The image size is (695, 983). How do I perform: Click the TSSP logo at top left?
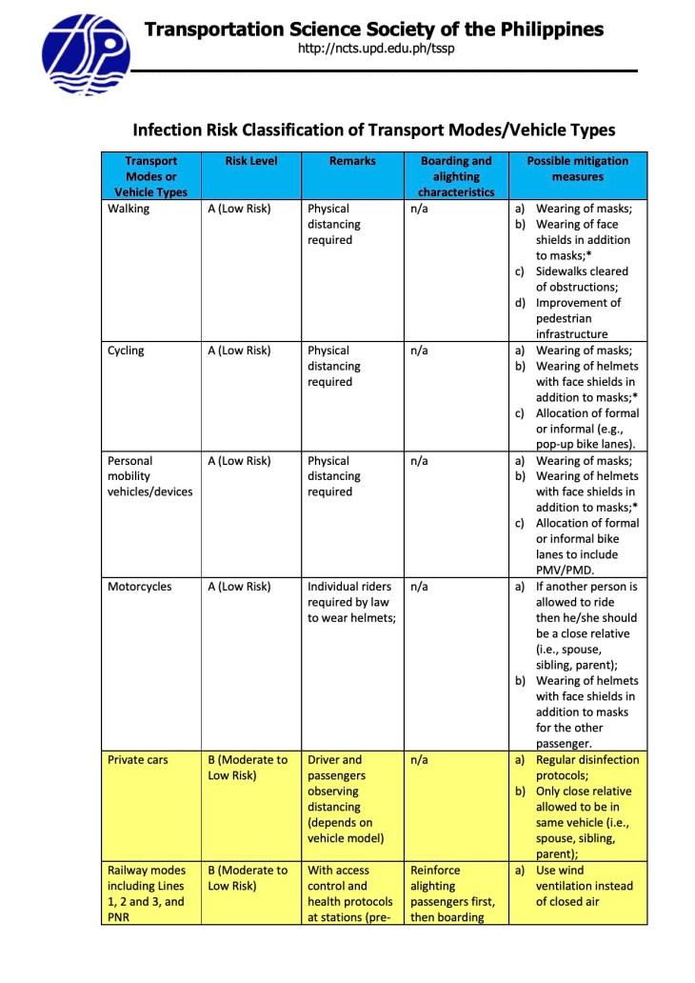pos(85,54)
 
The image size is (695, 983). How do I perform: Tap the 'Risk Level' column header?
pos(251,162)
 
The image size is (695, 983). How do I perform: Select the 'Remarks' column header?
pos(352,162)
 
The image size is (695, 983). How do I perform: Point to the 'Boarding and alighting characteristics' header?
pos(456,176)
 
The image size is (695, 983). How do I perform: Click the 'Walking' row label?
pos(129,209)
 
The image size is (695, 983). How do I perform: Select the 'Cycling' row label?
pos(126,351)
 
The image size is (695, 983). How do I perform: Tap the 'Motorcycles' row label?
pos(140,587)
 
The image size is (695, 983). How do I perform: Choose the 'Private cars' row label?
pos(138,760)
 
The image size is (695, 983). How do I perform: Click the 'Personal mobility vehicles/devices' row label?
pos(149,476)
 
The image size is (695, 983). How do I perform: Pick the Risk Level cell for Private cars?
pos(248,768)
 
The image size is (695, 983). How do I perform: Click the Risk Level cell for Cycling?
pos(239,351)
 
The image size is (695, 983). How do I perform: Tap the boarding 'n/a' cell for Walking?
pos(419,209)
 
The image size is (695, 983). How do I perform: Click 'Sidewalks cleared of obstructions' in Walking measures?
pos(581,279)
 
